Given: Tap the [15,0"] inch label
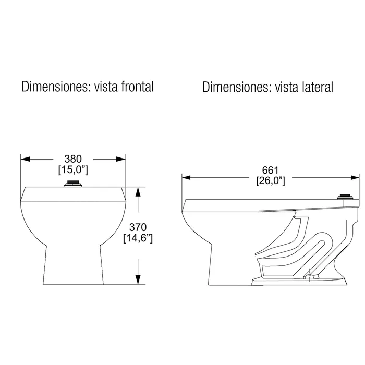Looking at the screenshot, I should click(72, 169).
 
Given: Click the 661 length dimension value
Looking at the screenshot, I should click(271, 171).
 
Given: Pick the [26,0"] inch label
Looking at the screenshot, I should click(271, 181).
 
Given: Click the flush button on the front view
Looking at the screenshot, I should click(72, 184).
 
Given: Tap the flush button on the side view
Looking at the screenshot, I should click(344, 197).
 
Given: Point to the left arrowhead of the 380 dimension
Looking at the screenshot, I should click(24, 159).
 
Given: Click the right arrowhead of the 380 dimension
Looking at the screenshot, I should click(122, 159).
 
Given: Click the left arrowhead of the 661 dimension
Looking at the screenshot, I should click(186, 177).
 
